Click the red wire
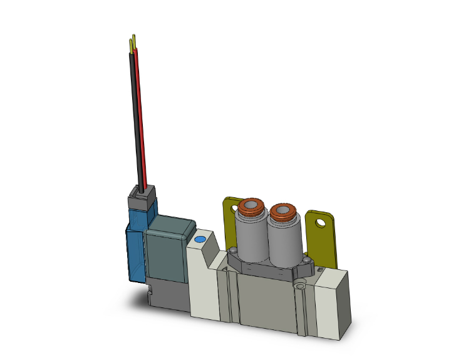click(141, 125)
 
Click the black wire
click(134, 125)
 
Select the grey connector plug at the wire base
click(141, 200)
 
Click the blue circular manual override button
click(200, 240)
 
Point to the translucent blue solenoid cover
click(135, 250)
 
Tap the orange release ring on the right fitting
click(283, 212)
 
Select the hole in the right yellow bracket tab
click(322, 222)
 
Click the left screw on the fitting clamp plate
click(231, 252)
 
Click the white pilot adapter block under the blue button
click(204, 282)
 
